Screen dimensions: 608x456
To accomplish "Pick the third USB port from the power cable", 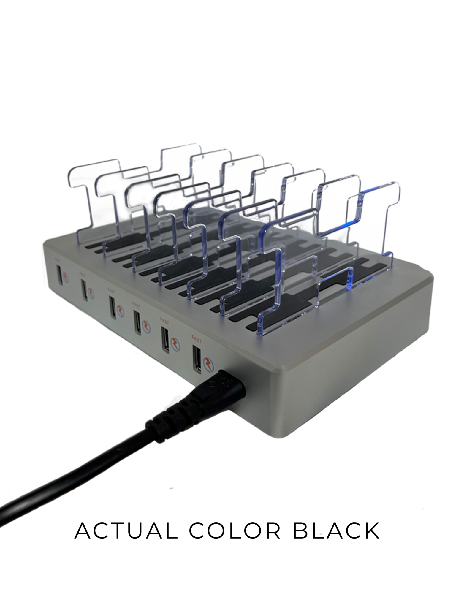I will coord(137,322).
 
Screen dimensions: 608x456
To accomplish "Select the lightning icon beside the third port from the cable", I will coord(145,325).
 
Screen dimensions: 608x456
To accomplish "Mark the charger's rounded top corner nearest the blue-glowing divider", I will coord(427,278).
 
